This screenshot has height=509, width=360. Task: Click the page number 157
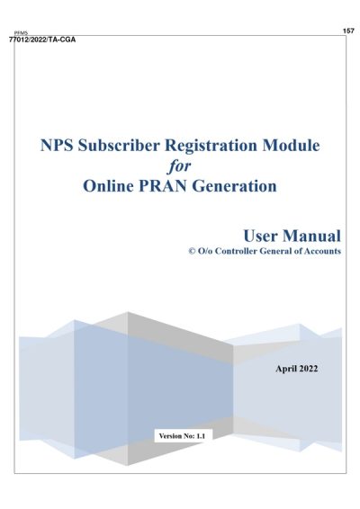[348, 31]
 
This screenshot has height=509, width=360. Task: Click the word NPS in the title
[59, 145]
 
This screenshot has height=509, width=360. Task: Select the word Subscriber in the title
[128, 145]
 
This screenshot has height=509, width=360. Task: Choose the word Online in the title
[112, 187]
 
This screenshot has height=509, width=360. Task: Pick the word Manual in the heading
[312, 235]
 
